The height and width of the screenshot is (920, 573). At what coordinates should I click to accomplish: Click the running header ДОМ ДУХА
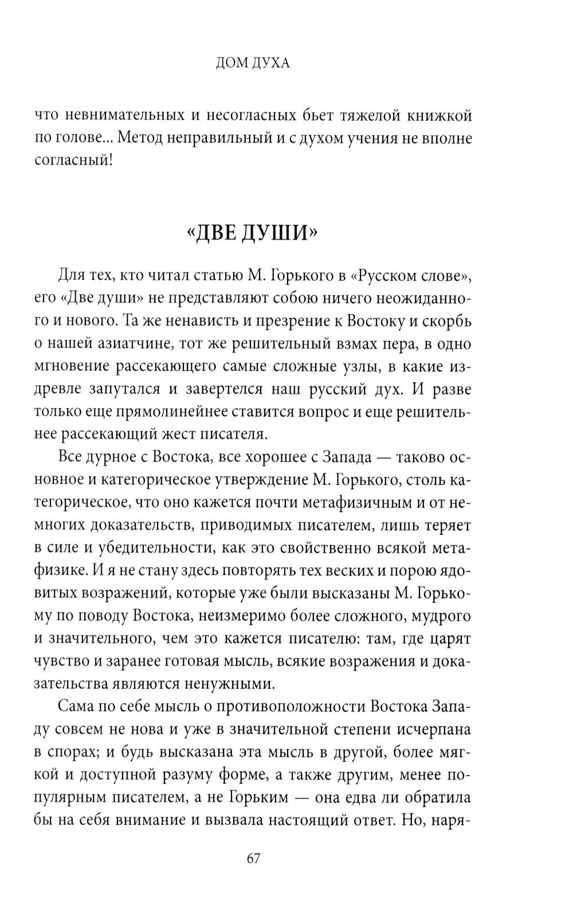[253, 63]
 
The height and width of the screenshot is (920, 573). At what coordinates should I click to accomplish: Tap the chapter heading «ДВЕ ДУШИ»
[252, 233]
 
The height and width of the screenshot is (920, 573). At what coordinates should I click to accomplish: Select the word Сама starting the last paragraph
[78, 707]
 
